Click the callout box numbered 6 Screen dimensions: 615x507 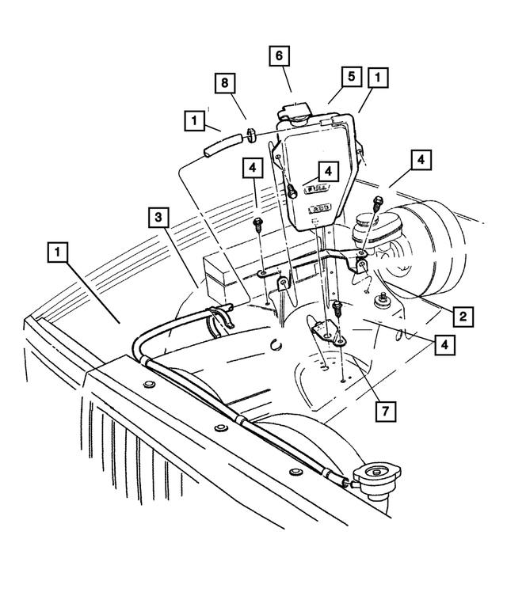(x=279, y=57)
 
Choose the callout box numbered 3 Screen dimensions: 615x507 (x=158, y=216)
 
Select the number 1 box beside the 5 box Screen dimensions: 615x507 (x=378, y=77)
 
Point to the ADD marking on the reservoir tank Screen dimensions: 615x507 (x=319, y=209)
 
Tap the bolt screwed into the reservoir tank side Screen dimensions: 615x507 (x=292, y=190)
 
